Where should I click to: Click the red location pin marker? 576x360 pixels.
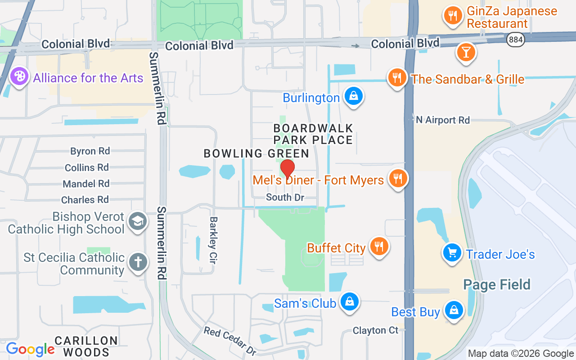point(288,169)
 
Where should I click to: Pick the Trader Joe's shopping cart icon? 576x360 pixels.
point(452,252)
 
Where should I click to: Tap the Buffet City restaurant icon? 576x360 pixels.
point(379,246)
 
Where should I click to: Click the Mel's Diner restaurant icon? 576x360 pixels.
point(397,178)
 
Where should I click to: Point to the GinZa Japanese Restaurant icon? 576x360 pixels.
point(453,16)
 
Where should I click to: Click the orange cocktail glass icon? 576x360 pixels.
point(466,52)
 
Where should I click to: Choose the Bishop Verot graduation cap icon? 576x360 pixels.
point(137,221)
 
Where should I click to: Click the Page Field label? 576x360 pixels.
point(497,284)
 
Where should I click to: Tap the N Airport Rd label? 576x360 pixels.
point(442,120)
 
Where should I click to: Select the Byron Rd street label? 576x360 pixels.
point(90,151)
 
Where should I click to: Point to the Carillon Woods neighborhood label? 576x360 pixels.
point(86,346)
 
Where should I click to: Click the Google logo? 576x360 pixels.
point(30,349)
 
